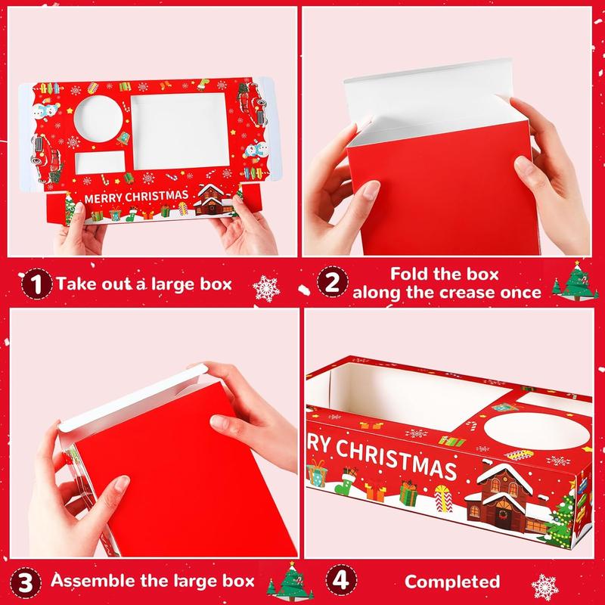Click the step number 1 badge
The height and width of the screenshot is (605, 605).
36,284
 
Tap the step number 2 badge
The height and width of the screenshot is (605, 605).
333,281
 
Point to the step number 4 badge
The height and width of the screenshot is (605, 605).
341,580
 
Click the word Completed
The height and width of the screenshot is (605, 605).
452,582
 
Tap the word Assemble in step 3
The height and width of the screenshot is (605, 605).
92,581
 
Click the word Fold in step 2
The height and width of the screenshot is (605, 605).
408,274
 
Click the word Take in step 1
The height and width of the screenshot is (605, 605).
73,284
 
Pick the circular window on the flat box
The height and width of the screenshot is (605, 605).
98,119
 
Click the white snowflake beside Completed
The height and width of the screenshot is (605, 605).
544,588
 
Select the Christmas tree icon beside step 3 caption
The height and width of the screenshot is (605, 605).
290,581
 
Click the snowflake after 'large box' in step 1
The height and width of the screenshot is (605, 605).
266,289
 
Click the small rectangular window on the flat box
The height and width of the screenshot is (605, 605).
100,163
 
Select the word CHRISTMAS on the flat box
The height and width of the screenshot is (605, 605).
157,196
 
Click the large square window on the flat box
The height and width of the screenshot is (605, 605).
180,131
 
